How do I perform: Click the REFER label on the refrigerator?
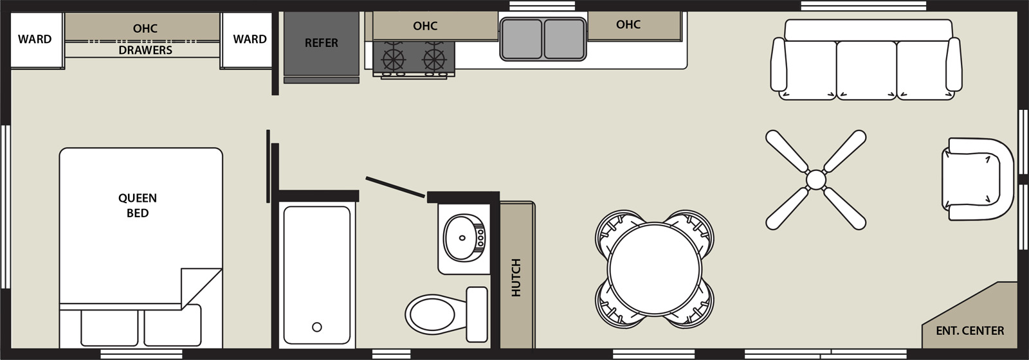pyautogui.click(x=321, y=42)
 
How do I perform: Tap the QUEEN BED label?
pyautogui.click(x=138, y=205)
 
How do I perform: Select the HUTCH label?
pyautogui.click(x=516, y=277)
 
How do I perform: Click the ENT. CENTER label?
pyautogui.click(x=970, y=330)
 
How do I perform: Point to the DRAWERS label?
pyautogui.click(x=145, y=50)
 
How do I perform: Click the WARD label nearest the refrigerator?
pyautogui.click(x=250, y=39)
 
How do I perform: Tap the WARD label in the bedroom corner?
pyautogui.click(x=35, y=39)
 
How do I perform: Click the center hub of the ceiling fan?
pyautogui.click(x=816, y=179)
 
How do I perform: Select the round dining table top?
pyautogui.click(x=655, y=269)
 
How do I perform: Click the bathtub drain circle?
pyautogui.click(x=317, y=327)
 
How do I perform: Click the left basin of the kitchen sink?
pyautogui.click(x=522, y=39)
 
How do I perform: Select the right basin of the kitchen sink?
pyautogui.click(x=565, y=39)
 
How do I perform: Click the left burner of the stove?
pyautogui.click(x=393, y=59)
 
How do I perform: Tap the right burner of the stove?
pyautogui.click(x=435, y=59)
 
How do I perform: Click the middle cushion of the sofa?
pyautogui.click(x=866, y=70)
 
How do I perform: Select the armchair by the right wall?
pyautogui.click(x=977, y=179)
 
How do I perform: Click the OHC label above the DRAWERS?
pyautogui.click(x=145, y=28)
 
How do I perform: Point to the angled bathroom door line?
pyautogui.click(x=395, y=187)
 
